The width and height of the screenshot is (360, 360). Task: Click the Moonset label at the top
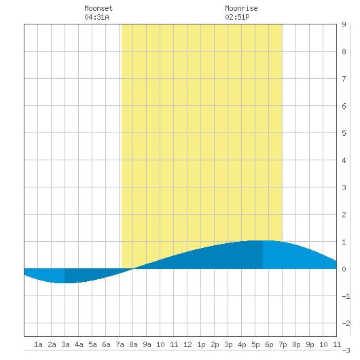pyautogui.click(x=98, y=9)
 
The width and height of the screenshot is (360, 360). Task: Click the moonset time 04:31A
pyautogui.click(x=96, y=17)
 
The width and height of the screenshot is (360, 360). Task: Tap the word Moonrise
pyautogui.click(x=241, y=9)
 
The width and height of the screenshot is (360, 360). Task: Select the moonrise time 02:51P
pyautogui.click(x=237, y=17)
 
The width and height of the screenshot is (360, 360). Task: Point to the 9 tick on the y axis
pyautogui.click(x=344, y=24)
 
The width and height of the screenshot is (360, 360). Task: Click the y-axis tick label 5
pyautogui.click(x=344, y=133)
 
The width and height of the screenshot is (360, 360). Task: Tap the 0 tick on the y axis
pyautogui.click(x=344, y=269)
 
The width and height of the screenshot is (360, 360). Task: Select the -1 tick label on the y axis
pyautogui.click(x=346, y=296)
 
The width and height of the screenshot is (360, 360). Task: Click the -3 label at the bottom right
pyautogui.click(x=346, y=350)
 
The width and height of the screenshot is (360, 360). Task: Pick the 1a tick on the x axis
pyautogui.click(x=38, y=344)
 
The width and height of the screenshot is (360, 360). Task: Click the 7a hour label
pyautogui.click(x=120, y=344)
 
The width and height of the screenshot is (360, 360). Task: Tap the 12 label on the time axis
pyautogui.click(x=187, y=344)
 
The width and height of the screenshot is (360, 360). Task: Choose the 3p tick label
pyautogui.click(x=228, y=344)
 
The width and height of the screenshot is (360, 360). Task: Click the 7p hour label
pyautogui.click(x=283, y=344)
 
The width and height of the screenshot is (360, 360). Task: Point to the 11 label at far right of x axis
pyautogui.click(x=337, y=344)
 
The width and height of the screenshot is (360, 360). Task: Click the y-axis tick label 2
pyautogui.click(x=344, y=215)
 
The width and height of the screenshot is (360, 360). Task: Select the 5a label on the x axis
pyautogui.click(x=92, y=344)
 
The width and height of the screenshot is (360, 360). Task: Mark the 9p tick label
pyautogui.click(x=310, y=344)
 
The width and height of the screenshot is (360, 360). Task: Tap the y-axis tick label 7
pyautogui.click(x=344, y=79)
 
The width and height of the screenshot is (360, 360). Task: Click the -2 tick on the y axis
pyautogui.click(x=346, y=323)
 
